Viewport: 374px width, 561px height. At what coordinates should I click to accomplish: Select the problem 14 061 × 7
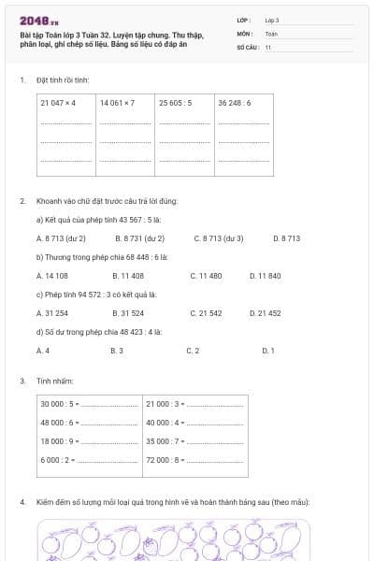(x=118, y=103)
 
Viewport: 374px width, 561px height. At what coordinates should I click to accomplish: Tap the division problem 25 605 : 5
(x=176, y=103)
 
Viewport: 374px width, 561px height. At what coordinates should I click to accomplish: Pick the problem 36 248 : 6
(x=235, y=103)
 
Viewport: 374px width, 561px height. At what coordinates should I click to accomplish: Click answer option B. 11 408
(x=128, y=276)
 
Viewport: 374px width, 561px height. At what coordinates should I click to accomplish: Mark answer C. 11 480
(x=206, y=276)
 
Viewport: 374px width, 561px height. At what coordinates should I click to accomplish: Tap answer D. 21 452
(x=266, y=313)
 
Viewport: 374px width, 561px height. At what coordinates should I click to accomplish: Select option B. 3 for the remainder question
(x=117, y=351)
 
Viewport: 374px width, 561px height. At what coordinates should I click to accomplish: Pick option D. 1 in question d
(x=268, y=351)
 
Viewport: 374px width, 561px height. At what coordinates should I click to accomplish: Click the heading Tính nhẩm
(x=49, y=381)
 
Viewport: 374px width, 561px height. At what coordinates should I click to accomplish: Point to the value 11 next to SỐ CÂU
(x=268, y=46)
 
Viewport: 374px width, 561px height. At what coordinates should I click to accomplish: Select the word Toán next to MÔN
(x=271, y=33)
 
